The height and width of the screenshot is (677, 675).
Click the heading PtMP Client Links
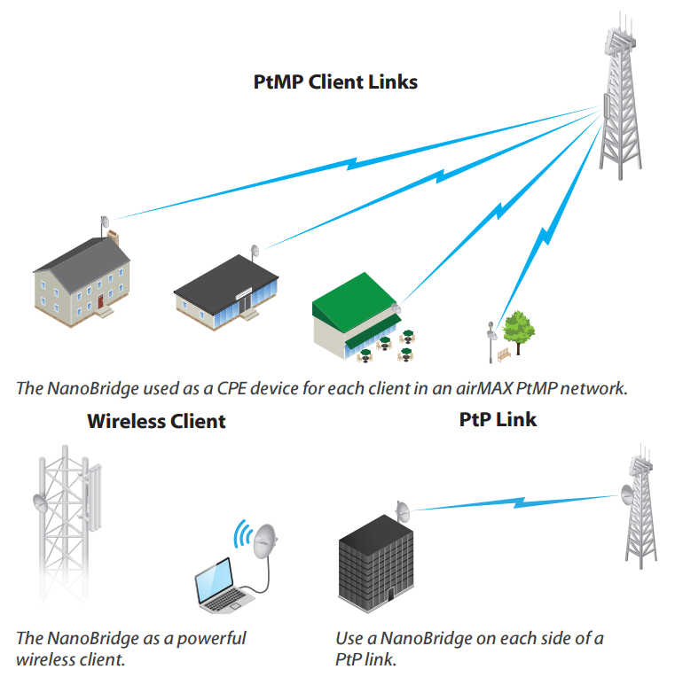[335, 82]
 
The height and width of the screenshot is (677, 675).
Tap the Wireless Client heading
[156, 421]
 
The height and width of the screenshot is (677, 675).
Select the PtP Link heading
[498, 419]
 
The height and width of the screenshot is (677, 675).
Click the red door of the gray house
[101, 301]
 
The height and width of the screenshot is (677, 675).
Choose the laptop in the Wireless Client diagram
[222, 589]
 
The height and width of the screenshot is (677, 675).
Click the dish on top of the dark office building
[404, 512]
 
